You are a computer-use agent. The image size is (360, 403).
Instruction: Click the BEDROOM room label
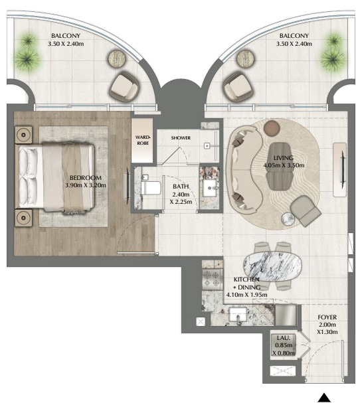86,177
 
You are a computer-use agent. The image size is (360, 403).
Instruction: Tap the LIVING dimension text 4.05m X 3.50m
284,165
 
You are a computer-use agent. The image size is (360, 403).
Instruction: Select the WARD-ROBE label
143,140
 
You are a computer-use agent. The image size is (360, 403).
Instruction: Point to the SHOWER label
181,137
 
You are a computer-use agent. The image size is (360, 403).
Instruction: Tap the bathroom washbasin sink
210,188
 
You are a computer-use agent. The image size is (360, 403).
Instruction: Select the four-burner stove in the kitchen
213,280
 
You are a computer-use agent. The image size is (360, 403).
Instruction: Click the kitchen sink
238,314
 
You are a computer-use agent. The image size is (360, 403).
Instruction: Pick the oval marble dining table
272,266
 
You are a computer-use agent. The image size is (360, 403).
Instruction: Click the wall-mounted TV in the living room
343,170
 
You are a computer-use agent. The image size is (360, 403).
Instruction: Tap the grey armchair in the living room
306,211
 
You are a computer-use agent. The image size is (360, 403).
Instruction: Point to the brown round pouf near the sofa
272,127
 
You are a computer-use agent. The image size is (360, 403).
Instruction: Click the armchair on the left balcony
124,88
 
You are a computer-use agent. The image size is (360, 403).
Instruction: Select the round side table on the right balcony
245,58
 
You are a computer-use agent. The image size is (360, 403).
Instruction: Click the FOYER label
327,317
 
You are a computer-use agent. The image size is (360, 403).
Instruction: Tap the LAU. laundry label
284,338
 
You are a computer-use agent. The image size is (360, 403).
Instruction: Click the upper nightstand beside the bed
24,135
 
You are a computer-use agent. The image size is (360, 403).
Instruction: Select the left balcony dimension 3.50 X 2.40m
66,44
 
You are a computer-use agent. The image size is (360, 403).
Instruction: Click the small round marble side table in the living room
288,219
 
